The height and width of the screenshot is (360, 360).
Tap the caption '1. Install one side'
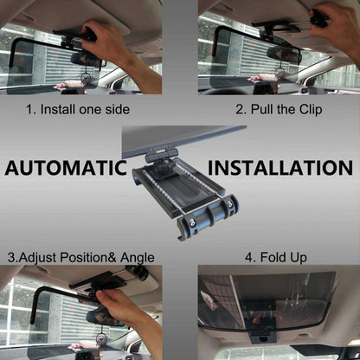pos(77,111)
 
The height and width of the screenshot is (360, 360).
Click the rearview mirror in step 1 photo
pos(86,58)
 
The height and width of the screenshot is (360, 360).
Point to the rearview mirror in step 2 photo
pos(284,53)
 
